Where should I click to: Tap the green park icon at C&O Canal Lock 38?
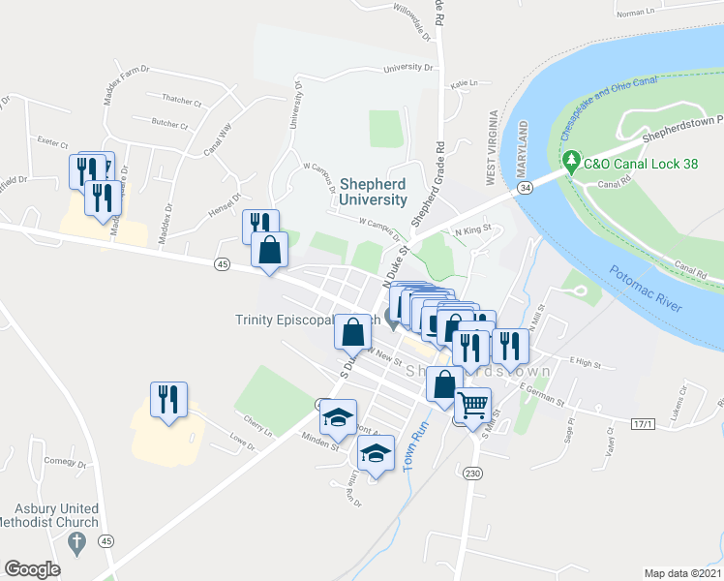coord(571,159)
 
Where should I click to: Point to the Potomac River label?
coord(646,290)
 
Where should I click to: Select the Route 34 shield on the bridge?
coord(525,185)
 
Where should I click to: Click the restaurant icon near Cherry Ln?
coord(169,398)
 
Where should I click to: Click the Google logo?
coord(32,569)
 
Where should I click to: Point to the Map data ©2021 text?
coord(682,573)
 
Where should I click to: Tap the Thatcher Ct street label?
coord(181,101)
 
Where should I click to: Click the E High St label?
coord(586,363)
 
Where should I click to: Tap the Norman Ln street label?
coord(636,13)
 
